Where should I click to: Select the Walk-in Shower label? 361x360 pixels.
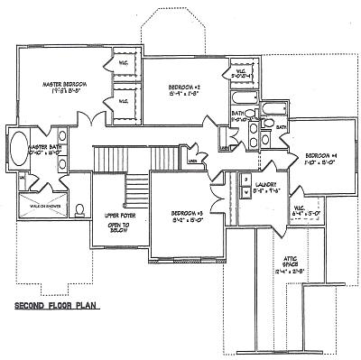click(47, 205)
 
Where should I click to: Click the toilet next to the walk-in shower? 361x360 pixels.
click(79, 209)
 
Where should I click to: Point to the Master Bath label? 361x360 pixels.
click(44, 147)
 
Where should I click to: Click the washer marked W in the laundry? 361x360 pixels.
click(245, 192)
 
